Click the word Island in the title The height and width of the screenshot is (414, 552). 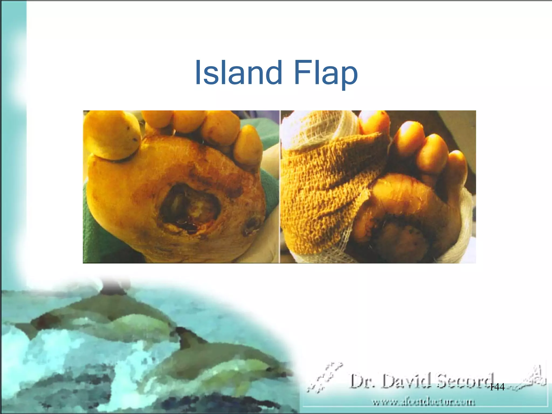point(238,72)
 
